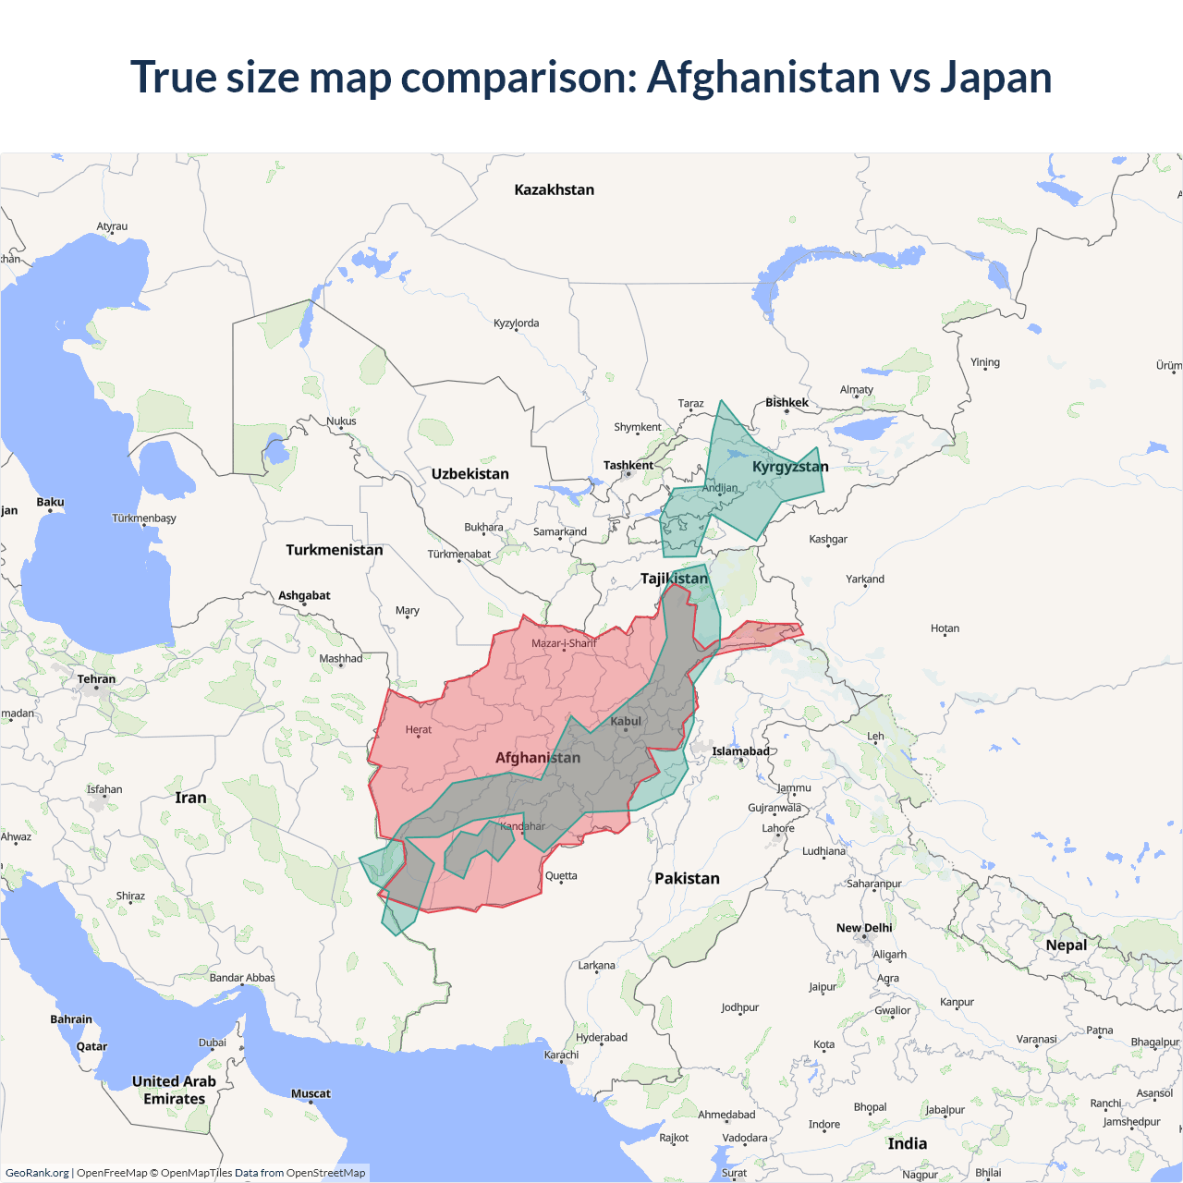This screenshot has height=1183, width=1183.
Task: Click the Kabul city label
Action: (x=626, y=721)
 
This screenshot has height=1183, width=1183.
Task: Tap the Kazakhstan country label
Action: (x=554, y=189)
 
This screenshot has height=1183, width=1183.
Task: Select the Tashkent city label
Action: (x=628, y=465)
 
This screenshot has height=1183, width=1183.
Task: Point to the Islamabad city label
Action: (x=740, y=750)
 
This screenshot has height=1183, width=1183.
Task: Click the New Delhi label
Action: (x=864, y=928)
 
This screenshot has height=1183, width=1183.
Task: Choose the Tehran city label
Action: (x=96, y=678)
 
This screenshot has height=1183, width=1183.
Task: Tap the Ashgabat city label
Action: (x=304, y=595)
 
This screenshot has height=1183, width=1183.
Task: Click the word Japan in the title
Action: (x=995, y=77)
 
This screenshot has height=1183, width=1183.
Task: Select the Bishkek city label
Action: (x=787, y=402)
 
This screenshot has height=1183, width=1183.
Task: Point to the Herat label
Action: (x=418, y=729)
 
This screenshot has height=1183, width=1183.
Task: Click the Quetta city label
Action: (x=561, y=875)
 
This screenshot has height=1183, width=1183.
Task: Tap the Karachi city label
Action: (x=561, y=1055)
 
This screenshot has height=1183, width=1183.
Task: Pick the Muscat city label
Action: (x=311, y=1093)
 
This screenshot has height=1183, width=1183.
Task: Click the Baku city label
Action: (x=50, y=502)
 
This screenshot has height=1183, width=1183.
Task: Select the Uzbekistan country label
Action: (x=470, y=474)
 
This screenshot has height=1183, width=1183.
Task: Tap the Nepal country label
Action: (x=1066, y=945)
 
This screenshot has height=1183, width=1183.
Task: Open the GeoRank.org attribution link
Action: (x=37, y=1173)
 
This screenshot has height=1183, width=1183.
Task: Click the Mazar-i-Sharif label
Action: (x=563, y=643)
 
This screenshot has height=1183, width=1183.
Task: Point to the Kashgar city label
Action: (x=827, y=539)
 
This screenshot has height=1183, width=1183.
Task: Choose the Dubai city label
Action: (x=212, y=1043)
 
